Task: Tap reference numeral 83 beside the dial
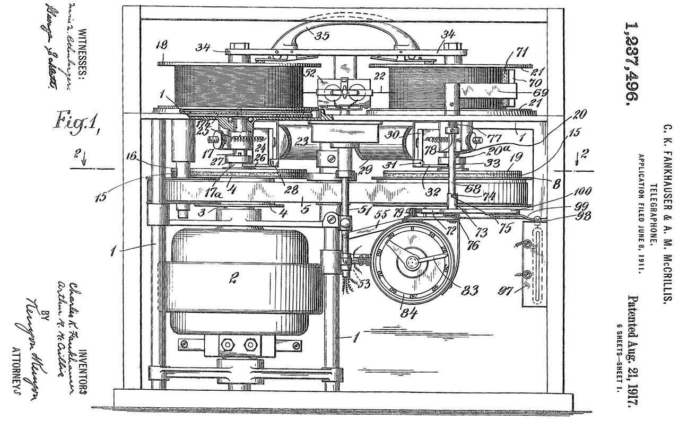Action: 469,290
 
